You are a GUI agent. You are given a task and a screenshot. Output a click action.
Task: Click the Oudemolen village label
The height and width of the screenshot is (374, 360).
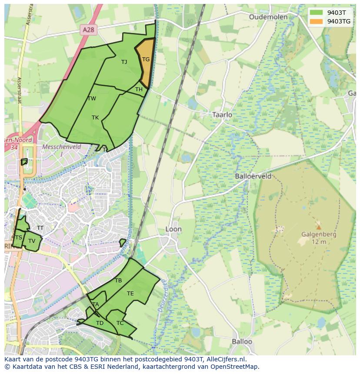click(268, 17)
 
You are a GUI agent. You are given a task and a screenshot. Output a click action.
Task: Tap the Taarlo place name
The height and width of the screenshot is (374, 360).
click(222, 115)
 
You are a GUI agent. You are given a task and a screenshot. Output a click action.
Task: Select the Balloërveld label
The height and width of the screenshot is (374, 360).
click(253, 176)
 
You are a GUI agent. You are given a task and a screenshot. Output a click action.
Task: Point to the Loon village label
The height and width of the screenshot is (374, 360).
click(173, 229)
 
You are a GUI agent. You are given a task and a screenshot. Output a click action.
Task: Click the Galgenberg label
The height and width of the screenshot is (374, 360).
click(319, 235)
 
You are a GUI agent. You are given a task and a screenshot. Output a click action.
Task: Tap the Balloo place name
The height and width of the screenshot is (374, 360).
click(242, 341)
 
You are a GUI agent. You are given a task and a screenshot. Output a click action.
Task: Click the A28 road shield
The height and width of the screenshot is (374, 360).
click(88, 29)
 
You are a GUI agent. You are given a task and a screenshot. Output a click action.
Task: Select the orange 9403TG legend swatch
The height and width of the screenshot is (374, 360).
click(317, 21)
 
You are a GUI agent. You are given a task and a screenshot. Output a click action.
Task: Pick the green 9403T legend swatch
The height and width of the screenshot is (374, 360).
click(317, 12)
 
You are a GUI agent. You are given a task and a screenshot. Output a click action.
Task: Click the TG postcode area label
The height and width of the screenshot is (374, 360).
click(146, 60)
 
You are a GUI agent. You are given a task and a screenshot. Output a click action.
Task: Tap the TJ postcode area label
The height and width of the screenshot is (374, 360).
click(124, 62)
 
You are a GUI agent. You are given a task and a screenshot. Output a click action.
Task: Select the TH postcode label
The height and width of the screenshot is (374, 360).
click(139, 89)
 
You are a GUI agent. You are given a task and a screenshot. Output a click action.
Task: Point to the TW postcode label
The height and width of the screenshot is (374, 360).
click(92, 99)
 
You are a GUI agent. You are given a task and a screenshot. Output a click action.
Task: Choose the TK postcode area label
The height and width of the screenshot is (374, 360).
click(95, 118)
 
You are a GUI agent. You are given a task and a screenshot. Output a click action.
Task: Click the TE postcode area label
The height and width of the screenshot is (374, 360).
click(130, 294)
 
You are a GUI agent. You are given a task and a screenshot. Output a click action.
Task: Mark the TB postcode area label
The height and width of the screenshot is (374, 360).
click(118, 281)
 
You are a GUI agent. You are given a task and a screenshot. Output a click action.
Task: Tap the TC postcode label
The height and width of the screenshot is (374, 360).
click(120, 323)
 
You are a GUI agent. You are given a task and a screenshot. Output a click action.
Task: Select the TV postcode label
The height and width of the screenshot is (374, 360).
click(32, 241)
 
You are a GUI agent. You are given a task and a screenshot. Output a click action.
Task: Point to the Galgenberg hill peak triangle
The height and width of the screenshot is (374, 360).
click(319, 227)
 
